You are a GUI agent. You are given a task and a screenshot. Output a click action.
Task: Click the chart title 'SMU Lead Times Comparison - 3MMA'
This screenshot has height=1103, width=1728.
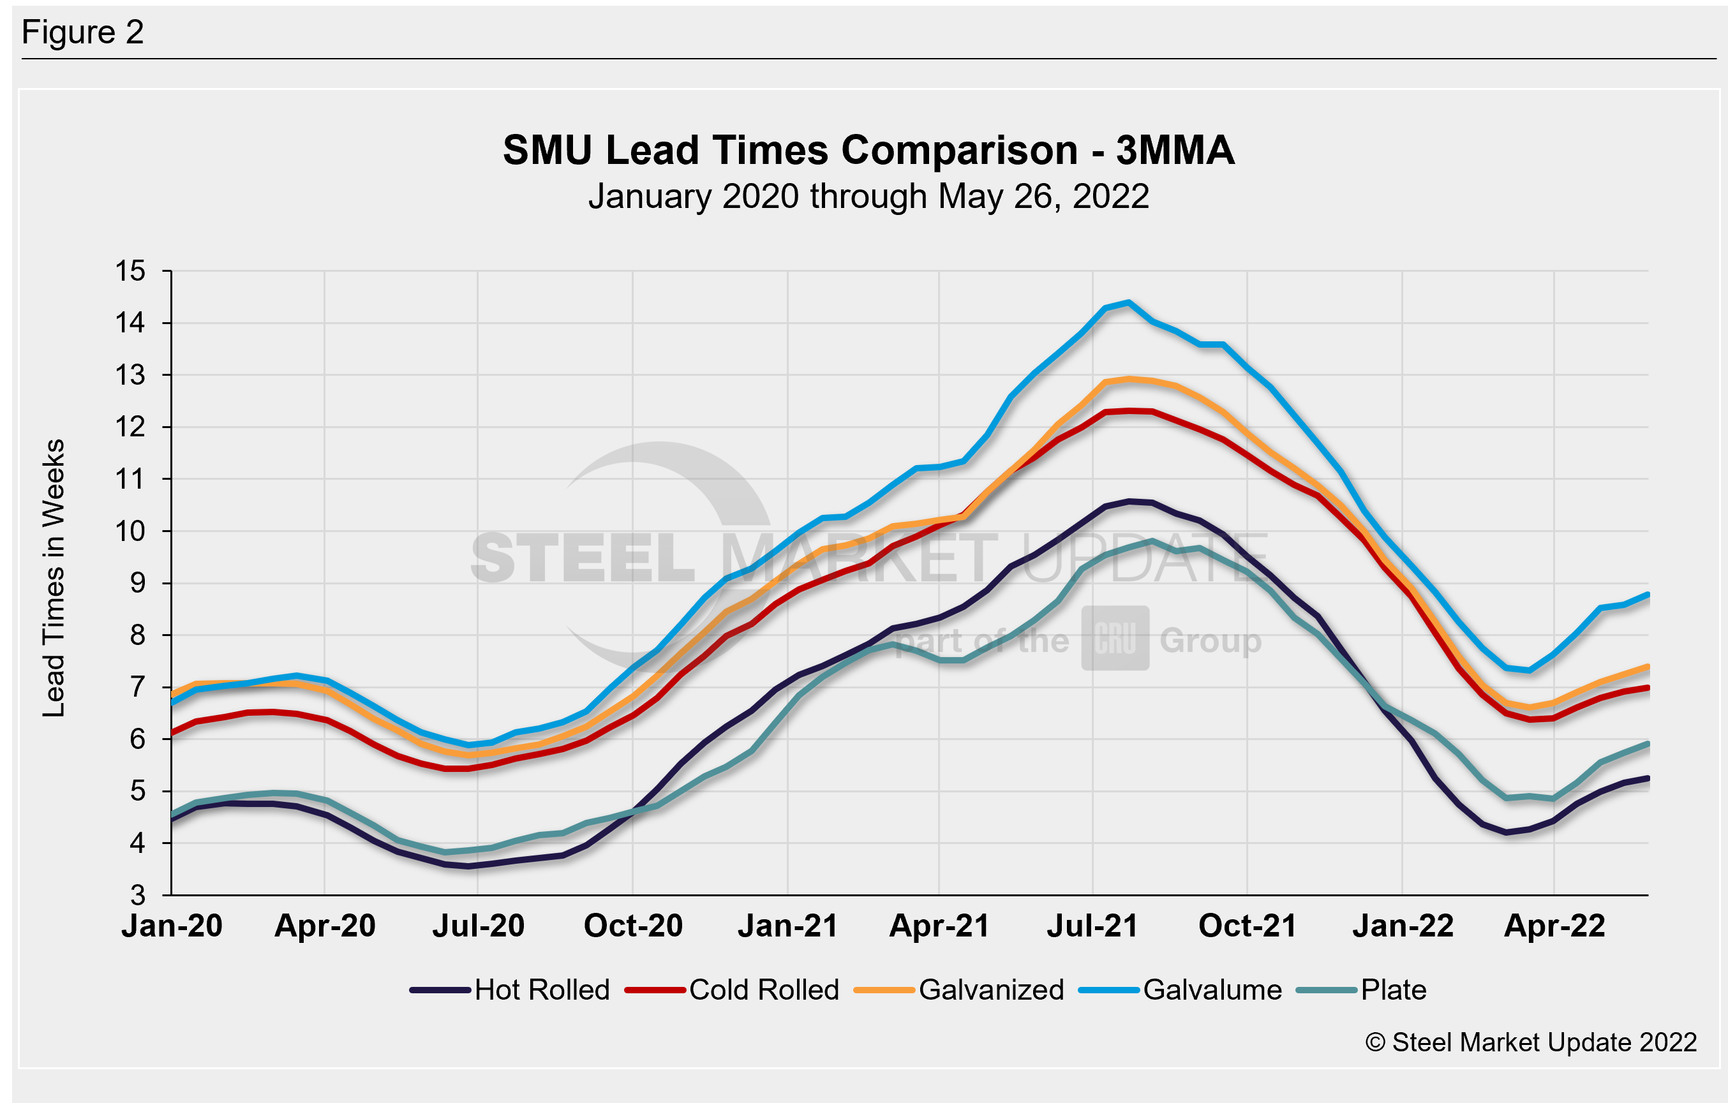868,151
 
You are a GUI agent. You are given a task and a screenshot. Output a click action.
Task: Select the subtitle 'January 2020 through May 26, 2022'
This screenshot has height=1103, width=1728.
868,196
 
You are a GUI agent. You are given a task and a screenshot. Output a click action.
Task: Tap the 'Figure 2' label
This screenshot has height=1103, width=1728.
83,33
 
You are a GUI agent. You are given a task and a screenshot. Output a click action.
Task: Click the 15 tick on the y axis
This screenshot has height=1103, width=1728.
130,271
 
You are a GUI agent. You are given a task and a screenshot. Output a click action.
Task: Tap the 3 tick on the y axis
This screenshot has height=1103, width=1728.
137,896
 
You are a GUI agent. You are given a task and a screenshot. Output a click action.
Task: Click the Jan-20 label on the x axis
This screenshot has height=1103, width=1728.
172,926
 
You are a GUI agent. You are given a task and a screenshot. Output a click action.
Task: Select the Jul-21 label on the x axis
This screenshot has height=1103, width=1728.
1092,926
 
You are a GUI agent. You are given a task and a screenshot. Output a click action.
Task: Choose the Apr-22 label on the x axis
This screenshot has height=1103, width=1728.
1554,926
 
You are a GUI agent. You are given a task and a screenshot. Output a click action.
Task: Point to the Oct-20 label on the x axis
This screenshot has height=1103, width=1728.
633,926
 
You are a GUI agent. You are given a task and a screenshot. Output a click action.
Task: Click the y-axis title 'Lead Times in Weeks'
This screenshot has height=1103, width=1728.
54,579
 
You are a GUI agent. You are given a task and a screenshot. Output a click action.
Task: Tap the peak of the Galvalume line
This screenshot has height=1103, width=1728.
1129,302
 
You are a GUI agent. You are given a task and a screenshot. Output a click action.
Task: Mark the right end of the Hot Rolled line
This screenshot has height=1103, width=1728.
1648,778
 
